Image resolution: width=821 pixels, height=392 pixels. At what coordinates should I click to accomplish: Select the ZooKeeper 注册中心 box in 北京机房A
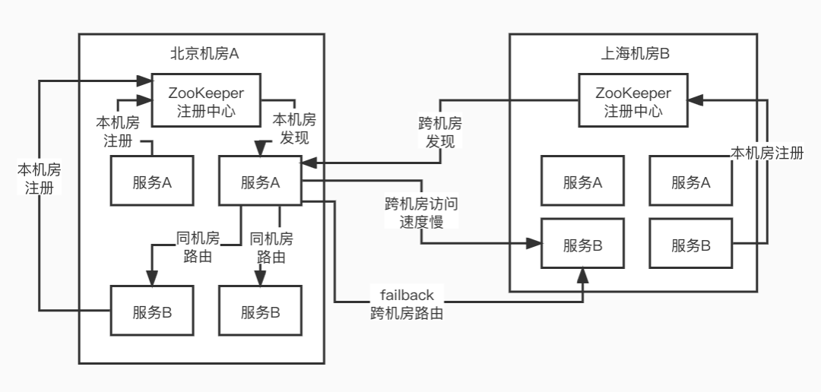[206, 100]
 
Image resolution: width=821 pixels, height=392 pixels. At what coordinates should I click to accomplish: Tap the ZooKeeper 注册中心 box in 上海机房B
[633, 100]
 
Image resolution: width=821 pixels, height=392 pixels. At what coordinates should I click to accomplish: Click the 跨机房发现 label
[440, 132]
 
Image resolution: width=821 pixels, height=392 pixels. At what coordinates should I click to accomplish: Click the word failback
[401, 295]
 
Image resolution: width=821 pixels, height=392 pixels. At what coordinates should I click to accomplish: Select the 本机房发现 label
[293, 128]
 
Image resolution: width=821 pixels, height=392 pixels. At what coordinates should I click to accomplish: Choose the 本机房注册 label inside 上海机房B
[766, 153]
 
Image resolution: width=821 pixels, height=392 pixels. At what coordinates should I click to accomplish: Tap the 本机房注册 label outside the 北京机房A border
[39, 178]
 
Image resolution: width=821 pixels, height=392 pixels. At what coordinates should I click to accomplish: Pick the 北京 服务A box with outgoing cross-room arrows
[260, 182]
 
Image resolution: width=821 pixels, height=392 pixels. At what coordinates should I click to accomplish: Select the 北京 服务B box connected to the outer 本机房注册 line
[152, 311]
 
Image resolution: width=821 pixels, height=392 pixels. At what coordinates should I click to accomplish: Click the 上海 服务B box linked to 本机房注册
[690, 245]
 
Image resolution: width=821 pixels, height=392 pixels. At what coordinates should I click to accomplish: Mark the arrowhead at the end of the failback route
[583, 274]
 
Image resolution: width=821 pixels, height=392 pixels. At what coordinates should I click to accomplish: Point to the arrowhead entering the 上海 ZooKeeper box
[696, 100]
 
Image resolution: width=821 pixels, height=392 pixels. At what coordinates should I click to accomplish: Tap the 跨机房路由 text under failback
[402, 312]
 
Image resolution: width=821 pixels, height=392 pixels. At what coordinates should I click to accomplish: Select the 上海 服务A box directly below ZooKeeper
[582, 182]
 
